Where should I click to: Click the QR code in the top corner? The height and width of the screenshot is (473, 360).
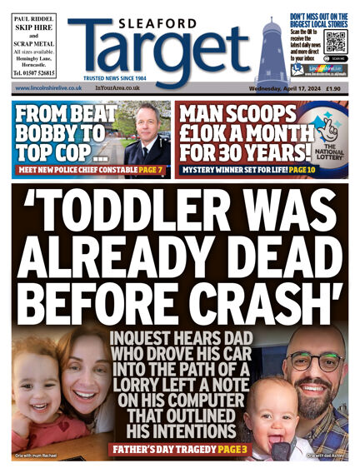pos(335,42)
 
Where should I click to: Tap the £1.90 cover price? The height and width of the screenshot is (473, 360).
pos(335,87)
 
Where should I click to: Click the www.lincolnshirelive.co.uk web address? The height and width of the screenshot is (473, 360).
pos(48,87)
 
